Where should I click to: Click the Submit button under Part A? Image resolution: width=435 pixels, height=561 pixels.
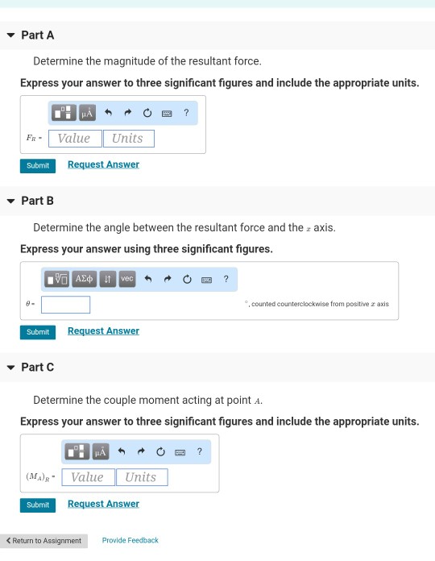coord(38,166)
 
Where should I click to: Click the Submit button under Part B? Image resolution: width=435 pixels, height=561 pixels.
coord(38,332)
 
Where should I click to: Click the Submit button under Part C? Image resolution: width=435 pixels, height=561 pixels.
coord(38,505)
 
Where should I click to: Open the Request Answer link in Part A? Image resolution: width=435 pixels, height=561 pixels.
coord(103,164)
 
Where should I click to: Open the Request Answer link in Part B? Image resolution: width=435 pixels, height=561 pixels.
coord(103,331)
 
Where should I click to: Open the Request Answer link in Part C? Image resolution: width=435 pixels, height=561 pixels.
coord(103,504)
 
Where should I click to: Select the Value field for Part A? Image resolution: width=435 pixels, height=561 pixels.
coord(75,139)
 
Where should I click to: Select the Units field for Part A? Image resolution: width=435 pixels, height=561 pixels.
coord(129,139)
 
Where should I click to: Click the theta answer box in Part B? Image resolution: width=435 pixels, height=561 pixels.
coord(65,305)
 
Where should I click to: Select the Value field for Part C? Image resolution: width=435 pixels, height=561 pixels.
coord(89,477)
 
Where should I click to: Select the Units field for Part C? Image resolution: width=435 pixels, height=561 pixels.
coord(142,477)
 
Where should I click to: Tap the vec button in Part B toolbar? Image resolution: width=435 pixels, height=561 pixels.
coord(127,279)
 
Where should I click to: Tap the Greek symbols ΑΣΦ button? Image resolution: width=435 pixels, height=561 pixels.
coord(84,279)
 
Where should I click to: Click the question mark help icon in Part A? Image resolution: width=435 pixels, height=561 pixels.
coord(186,113)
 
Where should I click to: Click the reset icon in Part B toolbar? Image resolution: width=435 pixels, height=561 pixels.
coord(187,279)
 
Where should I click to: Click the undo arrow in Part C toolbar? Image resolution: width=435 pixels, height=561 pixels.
coord(122,451)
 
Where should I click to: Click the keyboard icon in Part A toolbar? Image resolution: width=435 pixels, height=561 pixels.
coord(167,114)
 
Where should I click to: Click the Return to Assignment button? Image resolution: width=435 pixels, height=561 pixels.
coord(43,541)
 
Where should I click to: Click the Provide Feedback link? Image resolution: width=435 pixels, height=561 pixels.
coord(130,540)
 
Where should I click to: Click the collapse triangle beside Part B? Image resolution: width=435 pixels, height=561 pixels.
coord(10,201)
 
